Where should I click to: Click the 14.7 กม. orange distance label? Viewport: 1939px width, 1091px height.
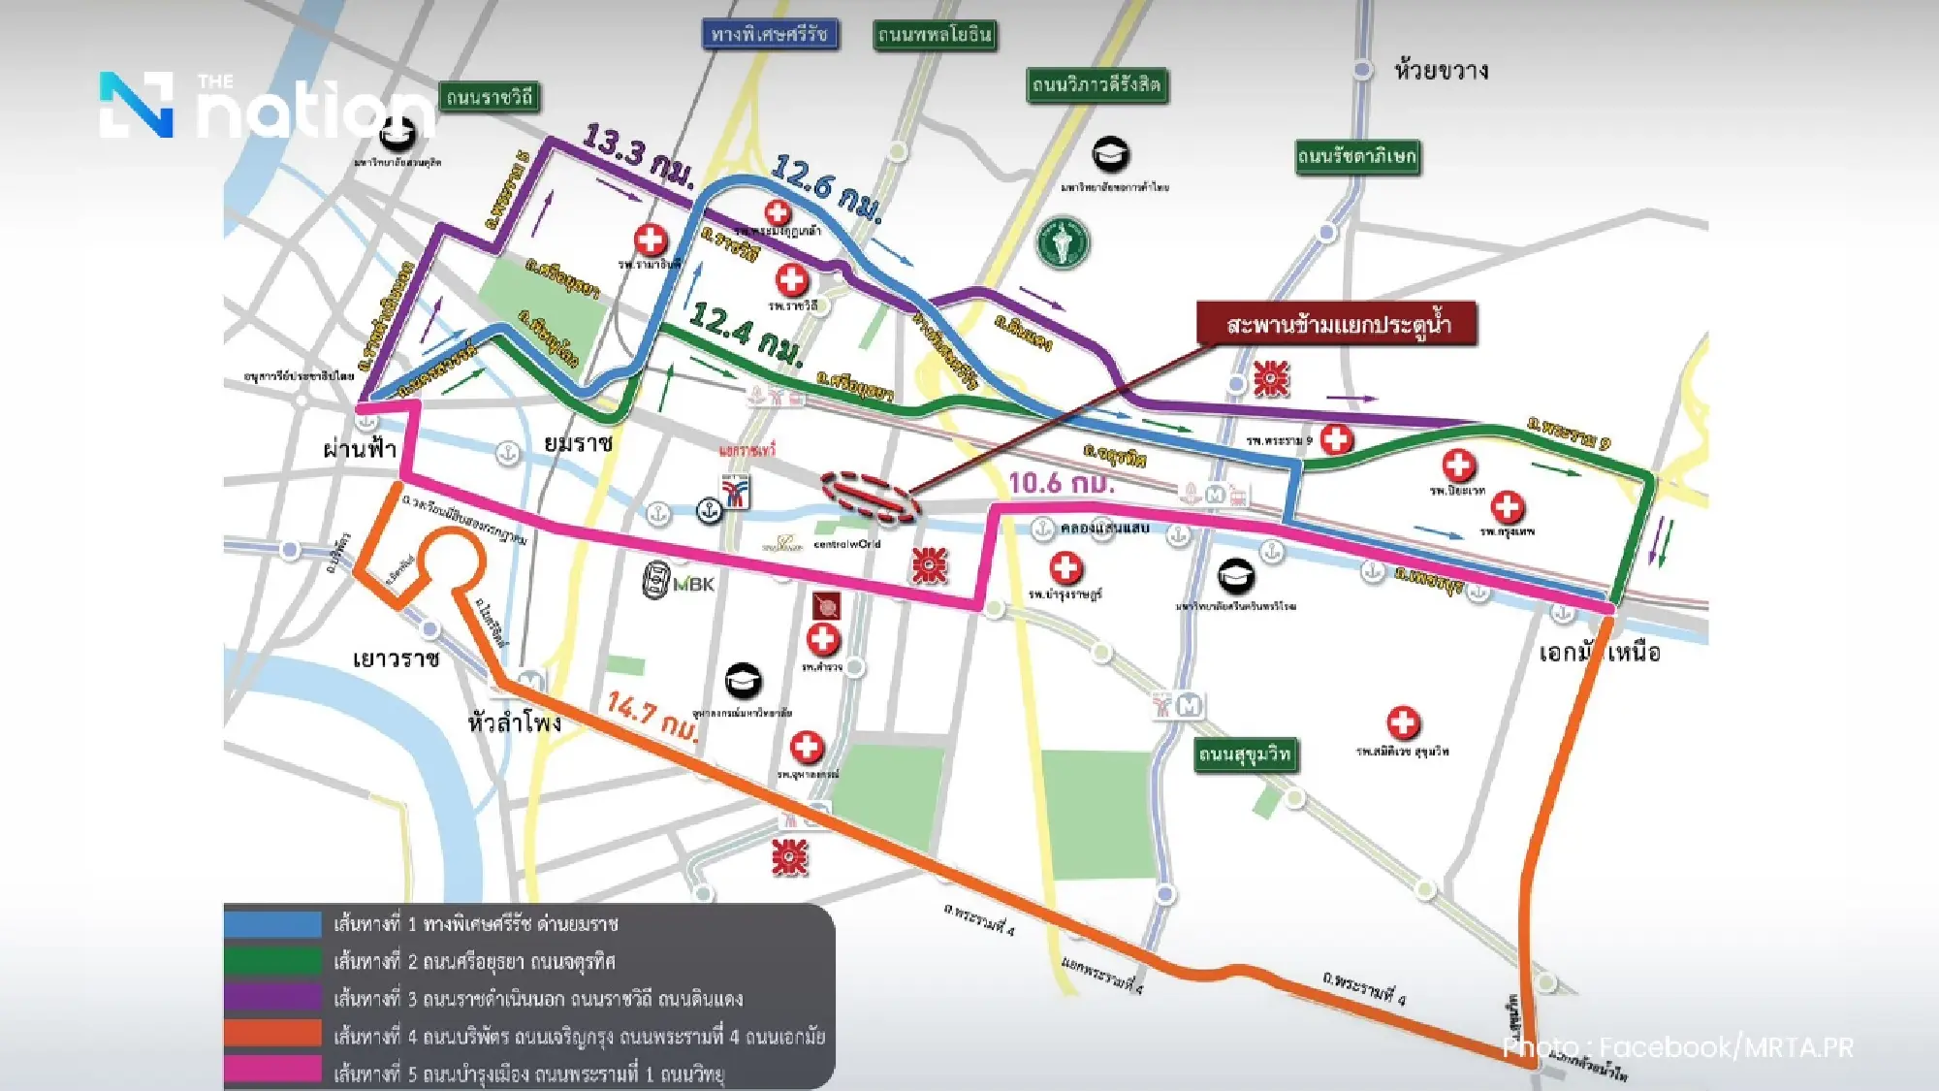(652, 715)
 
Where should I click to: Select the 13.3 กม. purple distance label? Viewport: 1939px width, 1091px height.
(638, 155)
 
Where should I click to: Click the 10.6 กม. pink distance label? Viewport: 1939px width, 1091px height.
(1061, 482)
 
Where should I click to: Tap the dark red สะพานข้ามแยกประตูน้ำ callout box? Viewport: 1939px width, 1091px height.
(1337, 324)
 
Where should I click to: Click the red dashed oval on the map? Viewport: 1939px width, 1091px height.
(870, 497)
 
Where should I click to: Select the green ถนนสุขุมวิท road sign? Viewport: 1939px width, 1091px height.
(1245, 754)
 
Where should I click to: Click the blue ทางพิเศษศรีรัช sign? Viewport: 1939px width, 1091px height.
(770, 35)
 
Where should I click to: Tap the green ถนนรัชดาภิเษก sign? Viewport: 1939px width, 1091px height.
(1357, 156)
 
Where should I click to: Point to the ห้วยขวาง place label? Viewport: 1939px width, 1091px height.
(1441, 71)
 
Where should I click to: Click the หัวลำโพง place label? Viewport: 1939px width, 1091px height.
(514, 722)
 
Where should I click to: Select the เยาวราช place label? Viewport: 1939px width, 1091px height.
(396, 659)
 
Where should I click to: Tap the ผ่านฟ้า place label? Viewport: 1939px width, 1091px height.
(359, 448)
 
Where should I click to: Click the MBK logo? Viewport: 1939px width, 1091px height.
(679, 581)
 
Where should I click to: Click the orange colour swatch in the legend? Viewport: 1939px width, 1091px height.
(272, 1034)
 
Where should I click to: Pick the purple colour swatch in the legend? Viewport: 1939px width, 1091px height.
(272, 997)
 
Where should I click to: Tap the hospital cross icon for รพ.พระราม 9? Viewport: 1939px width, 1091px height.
(1336, 439)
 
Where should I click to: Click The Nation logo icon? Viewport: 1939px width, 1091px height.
(137, 104)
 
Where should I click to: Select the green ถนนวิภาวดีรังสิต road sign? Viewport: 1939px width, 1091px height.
(1097, 85)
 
